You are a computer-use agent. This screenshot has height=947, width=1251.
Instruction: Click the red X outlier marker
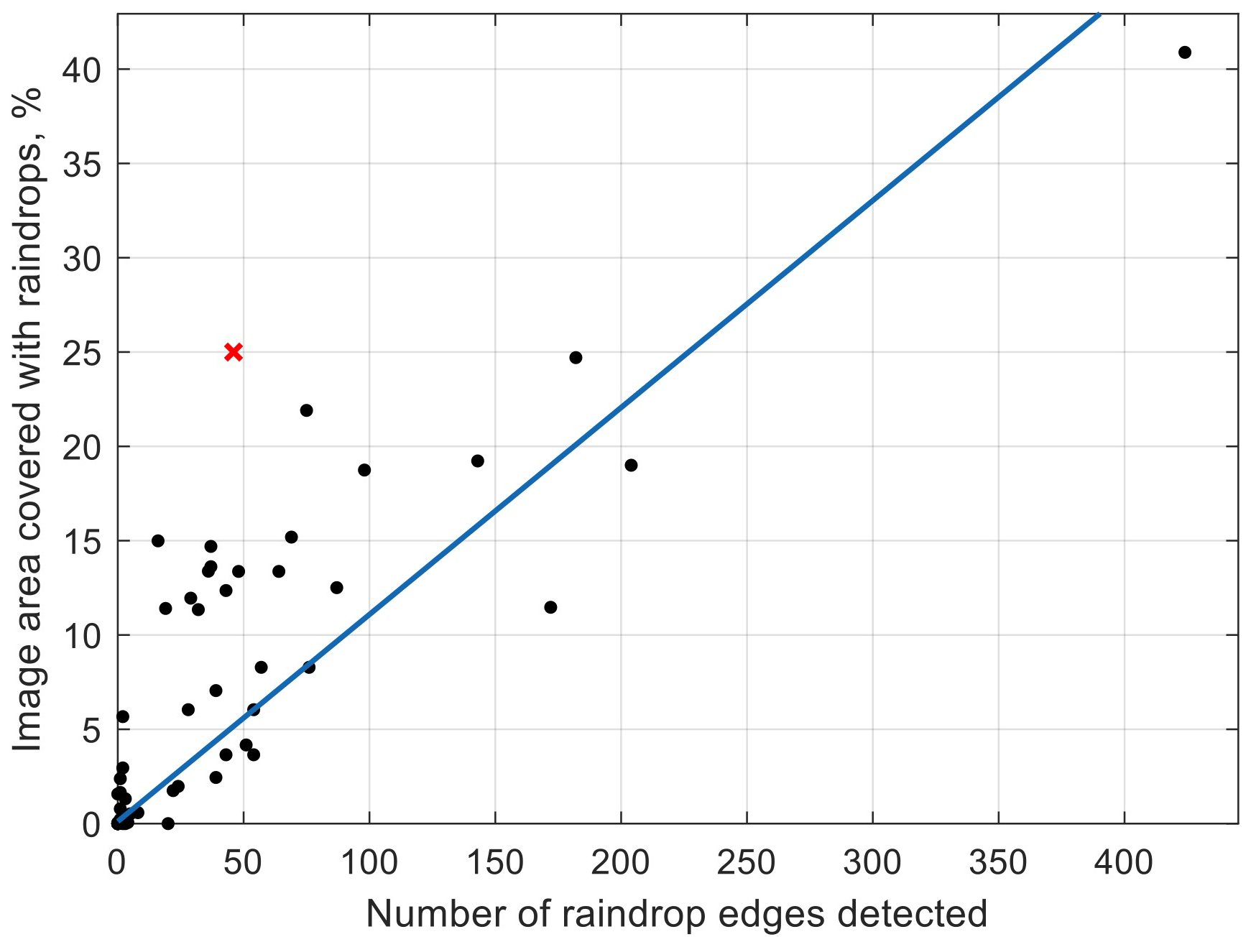point(234,352)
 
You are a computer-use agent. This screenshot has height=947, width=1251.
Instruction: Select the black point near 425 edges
point(1185,52)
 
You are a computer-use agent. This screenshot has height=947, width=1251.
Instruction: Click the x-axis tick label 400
point(1124,862)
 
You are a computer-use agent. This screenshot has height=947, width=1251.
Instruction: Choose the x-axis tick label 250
point(747,862)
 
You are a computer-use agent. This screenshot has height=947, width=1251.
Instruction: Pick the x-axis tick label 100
point(369,862)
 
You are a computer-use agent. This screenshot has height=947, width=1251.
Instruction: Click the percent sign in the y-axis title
point(28,106)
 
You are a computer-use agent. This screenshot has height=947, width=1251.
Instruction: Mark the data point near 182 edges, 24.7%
point(576,358)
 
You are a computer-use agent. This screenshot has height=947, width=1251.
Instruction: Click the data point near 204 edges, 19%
point(631,466)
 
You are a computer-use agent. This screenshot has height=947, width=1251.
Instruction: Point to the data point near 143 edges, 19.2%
point(478,461)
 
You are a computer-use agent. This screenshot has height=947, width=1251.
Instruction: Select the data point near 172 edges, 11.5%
point(550,607)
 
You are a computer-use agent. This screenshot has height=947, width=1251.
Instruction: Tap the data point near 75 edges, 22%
point(307,410)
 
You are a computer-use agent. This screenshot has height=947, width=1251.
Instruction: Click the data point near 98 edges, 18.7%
point(364,470)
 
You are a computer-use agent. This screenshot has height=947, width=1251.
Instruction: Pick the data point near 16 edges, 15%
point(158,541)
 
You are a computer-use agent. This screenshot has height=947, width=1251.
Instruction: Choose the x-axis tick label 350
point(998,862)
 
